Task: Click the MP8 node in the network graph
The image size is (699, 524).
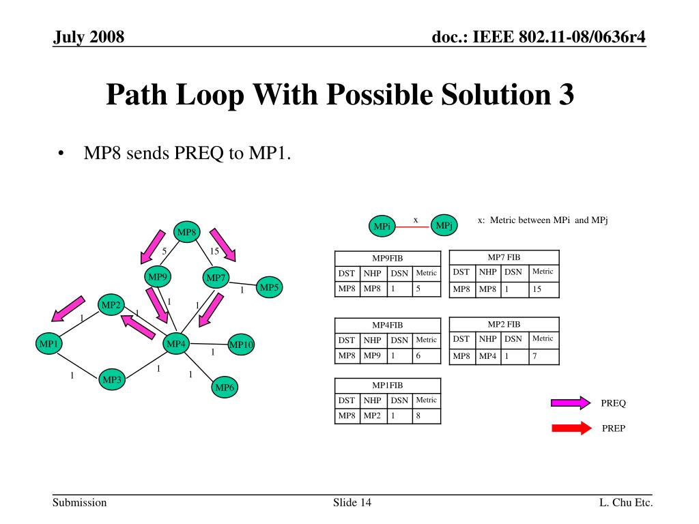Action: tap(186, 233)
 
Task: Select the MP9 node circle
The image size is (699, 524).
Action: tap(158, 276)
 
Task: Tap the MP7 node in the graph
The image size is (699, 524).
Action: tap(216, 278)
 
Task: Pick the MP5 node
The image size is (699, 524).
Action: tap(269, 288)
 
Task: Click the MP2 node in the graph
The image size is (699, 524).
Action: tap(111, 305)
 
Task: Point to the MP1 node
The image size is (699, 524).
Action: tap(48, 344)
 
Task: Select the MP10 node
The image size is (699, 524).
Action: tap(241, 345)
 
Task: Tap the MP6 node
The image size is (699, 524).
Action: tap(225, 388)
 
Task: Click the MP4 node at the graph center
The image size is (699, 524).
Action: tap(176, 344)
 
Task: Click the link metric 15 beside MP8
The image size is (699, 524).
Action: tap(214, 251)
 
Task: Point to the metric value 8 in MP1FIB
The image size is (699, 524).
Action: tap(418, 416)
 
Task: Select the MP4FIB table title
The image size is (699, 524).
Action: tap(387, 324)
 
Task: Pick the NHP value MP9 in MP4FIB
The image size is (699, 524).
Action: tap(372, 356)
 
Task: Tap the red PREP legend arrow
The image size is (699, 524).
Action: tap(571, 428)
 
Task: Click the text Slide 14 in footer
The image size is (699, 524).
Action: tap(352, 503)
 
